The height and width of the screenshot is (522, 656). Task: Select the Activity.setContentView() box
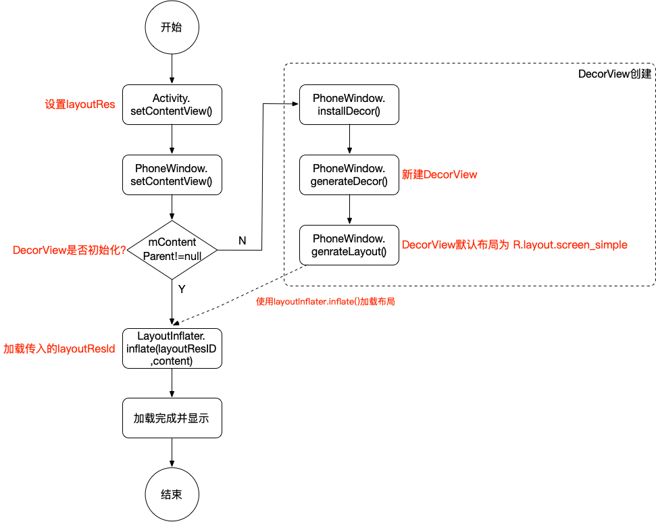click(x=172, y=105)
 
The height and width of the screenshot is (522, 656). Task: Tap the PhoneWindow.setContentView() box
click(x=172, y=175)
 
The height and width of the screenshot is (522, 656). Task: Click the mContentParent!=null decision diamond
click(x=172, y=250)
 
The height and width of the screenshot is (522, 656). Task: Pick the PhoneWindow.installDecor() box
click(x=349, y=105)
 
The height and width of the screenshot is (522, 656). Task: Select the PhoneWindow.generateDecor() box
click(x=349, y=175)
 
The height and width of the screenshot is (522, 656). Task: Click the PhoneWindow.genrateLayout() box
click(x=349, y=245)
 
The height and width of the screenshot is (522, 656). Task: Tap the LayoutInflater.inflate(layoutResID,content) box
click(x=172, y=348)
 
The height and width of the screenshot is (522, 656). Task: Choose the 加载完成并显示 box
click(x=172, y=419)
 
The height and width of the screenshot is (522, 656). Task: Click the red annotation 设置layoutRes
click(x=80, y=105)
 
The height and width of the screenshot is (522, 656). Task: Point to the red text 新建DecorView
click(x=439, y=175)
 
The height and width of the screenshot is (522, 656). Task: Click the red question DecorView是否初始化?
click(x=68, y=250)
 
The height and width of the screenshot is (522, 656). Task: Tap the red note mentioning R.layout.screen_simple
click(x=514, y=245)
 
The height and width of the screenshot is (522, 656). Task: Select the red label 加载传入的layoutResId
click(x=59, y=349)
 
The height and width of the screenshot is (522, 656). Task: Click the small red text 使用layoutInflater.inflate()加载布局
click(x=325, y=302)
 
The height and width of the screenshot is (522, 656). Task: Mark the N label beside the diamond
click(x=242, y=240)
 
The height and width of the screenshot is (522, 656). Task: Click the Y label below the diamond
click(x=181, y=289)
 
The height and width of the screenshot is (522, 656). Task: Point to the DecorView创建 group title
click(x=614, y=74)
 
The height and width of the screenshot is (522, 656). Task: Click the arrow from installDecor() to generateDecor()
click(x=349, y=140)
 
